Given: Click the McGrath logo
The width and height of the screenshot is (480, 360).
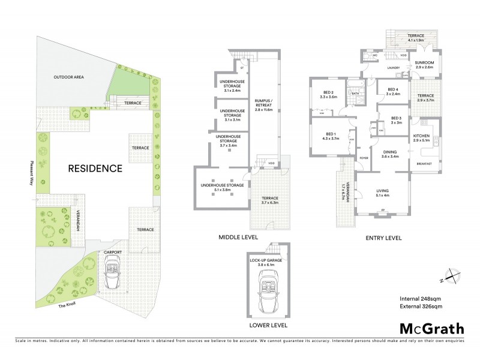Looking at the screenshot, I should click(x=431, y=328).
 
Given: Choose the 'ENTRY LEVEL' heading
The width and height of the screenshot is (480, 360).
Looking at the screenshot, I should click(x=383, y=238).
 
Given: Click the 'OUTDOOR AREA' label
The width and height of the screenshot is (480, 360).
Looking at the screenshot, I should click(x=68, y=77).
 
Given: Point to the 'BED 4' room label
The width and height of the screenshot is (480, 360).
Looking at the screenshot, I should click(x=393, y=91).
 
